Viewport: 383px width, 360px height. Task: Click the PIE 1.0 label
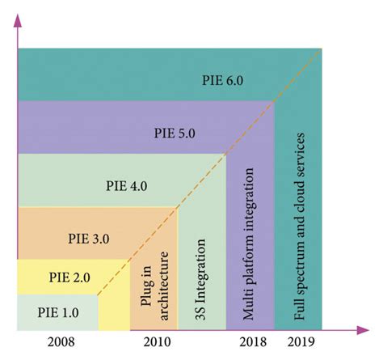coord(58,310)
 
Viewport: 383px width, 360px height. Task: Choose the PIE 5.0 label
coord(178,133)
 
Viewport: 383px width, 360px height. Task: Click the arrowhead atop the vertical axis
coord(16,20)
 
